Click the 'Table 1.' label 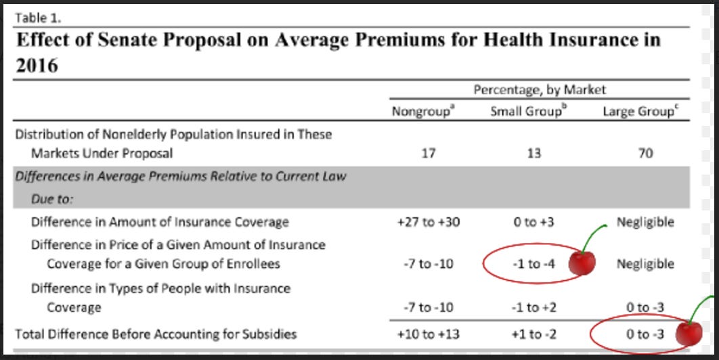pos(38,18)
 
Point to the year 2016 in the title pos(37,66)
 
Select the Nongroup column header pos(423,112)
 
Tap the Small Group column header pos(529,112)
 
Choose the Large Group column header pos(640,112)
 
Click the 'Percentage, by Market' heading pos(540,90)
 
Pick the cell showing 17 pos(428,153)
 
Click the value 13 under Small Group pos(533,153)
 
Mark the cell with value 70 pos(645,153)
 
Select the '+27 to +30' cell pos(429,223)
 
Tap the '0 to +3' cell pos(533,223)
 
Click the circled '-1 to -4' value pos(533,264)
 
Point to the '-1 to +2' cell pos(533,307)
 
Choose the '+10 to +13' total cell pos(429,334)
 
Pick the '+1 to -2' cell pos(533,334)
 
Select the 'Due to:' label pos(52,199)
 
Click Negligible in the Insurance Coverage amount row pos(645,223)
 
